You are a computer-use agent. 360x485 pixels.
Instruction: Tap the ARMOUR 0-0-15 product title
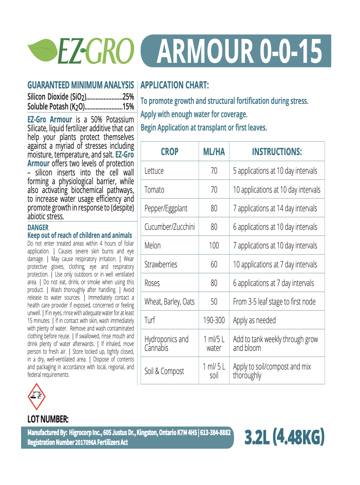pos(239,51)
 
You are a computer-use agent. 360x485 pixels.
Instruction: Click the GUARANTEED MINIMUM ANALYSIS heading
pos(81,85)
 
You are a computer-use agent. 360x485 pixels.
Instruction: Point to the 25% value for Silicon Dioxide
pos(128,97)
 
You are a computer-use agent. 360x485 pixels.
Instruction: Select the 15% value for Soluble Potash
pos(128,107)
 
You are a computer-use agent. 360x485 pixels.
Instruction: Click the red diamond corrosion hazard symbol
pos(36,397)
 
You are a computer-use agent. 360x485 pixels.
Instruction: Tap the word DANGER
pos(38,227)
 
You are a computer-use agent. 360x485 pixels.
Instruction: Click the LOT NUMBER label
pos(48,419)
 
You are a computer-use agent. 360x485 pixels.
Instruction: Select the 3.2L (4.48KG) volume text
pos(284,437)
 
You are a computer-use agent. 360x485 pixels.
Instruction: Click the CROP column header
pos(169,152)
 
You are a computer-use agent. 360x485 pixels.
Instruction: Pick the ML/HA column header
pos(214,152)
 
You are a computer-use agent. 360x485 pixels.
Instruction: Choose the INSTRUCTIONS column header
pos(277,152)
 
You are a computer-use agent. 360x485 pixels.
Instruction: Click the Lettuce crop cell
pos(154,171)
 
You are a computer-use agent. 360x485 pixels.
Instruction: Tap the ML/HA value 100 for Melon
pos(214,246)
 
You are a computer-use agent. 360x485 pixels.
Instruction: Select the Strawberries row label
pos(161,265)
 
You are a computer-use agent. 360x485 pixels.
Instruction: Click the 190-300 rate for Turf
pos(214,320)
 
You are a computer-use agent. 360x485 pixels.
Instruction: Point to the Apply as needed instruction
pos(254,320)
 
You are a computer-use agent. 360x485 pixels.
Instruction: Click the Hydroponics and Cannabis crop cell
pos(166,344)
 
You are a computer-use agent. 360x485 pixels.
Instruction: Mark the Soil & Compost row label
pos(164,371)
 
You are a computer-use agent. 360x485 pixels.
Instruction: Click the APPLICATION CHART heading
pos(175,85)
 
